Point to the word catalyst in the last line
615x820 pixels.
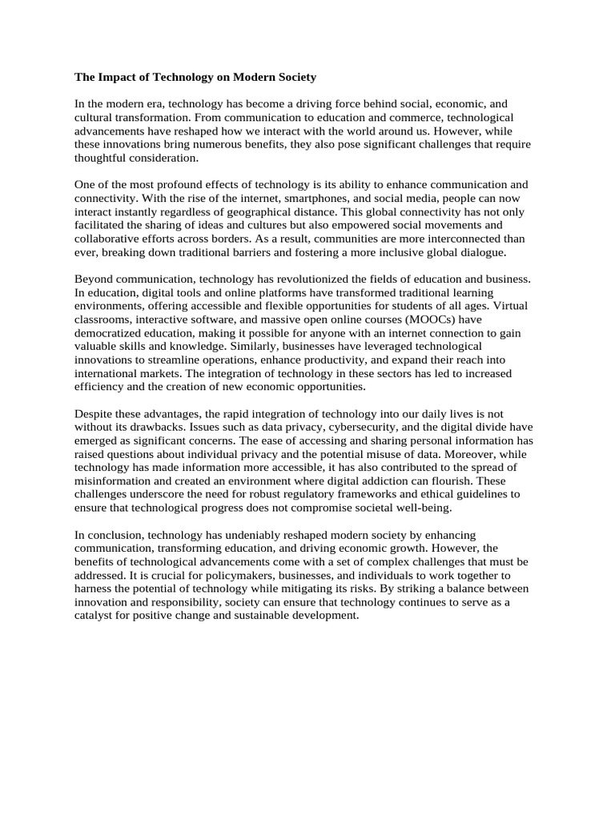coord(95,615)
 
